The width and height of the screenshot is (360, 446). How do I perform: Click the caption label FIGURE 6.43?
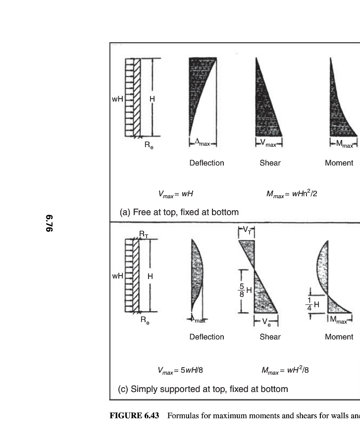[134, 415]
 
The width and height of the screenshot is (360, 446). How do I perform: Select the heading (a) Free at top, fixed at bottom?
[179, 212]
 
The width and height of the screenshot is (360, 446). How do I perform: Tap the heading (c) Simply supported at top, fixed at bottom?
[203, 389]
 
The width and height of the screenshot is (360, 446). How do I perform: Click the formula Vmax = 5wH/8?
[180, 370]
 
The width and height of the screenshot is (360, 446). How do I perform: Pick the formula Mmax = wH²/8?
[285, 370]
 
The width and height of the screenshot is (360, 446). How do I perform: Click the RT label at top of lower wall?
[144, 234]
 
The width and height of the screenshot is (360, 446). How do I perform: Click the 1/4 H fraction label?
[312, 304]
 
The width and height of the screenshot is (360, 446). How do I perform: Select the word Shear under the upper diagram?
[270, 163]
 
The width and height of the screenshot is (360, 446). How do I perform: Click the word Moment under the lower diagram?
[339, 337]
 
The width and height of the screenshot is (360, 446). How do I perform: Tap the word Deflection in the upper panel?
[206, 163]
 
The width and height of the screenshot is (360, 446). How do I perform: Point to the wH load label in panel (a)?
[117, 99]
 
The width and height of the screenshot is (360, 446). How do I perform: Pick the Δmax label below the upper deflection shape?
[202, 144]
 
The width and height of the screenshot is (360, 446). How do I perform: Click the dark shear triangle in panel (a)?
[265, 114]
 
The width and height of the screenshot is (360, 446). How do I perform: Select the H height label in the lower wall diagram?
[150, 277]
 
